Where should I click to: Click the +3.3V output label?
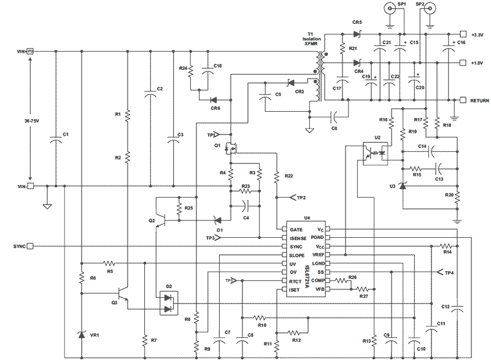tap(477, 34)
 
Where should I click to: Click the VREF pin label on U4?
tap(318, 254)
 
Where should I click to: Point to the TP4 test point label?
tap(450, 272)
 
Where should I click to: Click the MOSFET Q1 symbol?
tap(231, 149)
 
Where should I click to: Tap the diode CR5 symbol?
tap(356, 34)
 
